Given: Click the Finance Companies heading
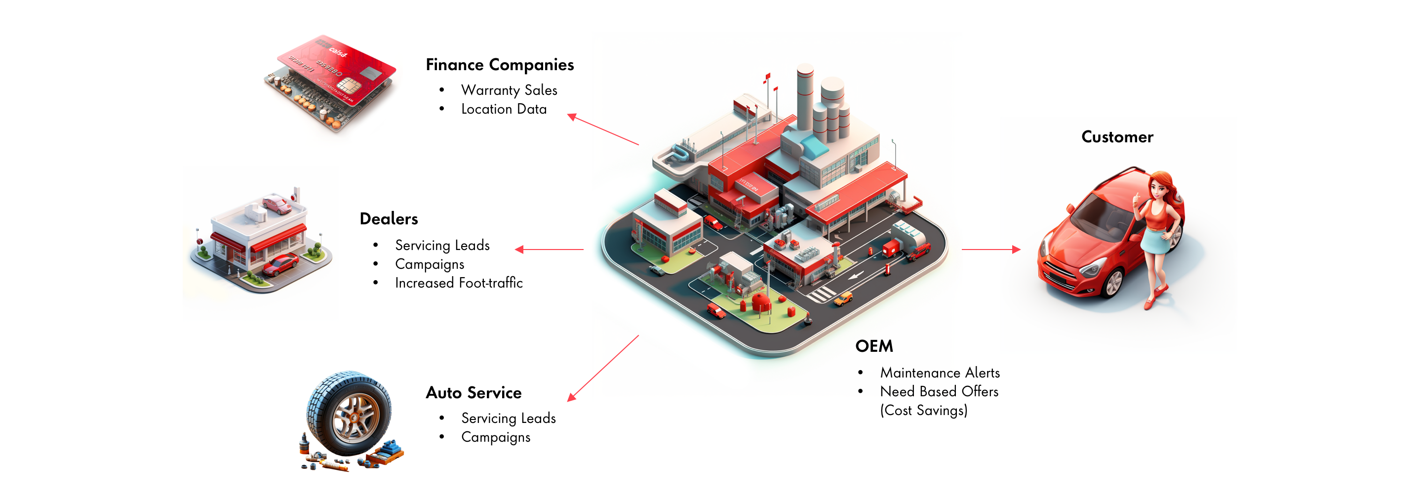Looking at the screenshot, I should point(499,65).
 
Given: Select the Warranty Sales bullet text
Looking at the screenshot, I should point(509,90).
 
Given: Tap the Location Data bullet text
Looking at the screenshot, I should point(504,109).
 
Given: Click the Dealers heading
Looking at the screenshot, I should point(388,219).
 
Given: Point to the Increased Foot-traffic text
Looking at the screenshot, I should point(458,283).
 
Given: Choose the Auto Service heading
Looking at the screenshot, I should point(473,393).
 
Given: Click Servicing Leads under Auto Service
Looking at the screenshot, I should point(508,418).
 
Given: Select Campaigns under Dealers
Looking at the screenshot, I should point(429,264).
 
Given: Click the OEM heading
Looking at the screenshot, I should point(873,346).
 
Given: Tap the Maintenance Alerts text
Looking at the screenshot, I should point(939,373).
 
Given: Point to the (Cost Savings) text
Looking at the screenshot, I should point(923,410).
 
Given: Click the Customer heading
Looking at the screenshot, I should point(1116,137).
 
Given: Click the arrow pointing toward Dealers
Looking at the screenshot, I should point(549,250).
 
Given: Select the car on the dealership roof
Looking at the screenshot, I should point(276,205).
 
